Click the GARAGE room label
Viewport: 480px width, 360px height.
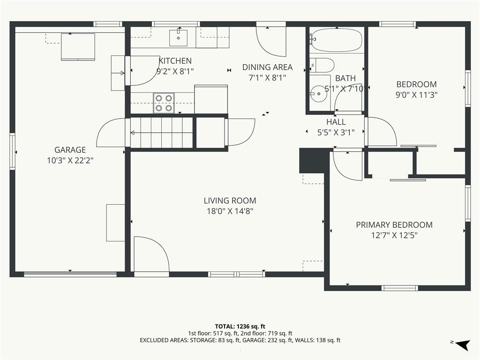70,150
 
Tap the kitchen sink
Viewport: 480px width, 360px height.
179,38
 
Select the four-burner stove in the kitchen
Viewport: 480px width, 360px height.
164,103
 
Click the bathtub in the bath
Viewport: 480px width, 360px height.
336,40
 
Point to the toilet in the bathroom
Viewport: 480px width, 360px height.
322,65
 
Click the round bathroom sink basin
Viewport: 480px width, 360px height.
319,94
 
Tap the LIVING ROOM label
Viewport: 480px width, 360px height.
230,201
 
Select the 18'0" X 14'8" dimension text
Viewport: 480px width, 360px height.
230,211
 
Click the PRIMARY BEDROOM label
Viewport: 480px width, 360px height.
394,225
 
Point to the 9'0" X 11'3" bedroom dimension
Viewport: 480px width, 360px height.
416,95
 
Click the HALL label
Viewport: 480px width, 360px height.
336,122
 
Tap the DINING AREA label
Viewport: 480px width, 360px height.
268,67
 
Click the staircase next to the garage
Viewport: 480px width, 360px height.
162,133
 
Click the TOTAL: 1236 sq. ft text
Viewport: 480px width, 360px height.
240,326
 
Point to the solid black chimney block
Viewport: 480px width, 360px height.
312,161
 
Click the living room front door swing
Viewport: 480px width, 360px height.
152,254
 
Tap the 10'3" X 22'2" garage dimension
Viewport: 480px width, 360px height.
70,160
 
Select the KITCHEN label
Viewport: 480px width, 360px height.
175,60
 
